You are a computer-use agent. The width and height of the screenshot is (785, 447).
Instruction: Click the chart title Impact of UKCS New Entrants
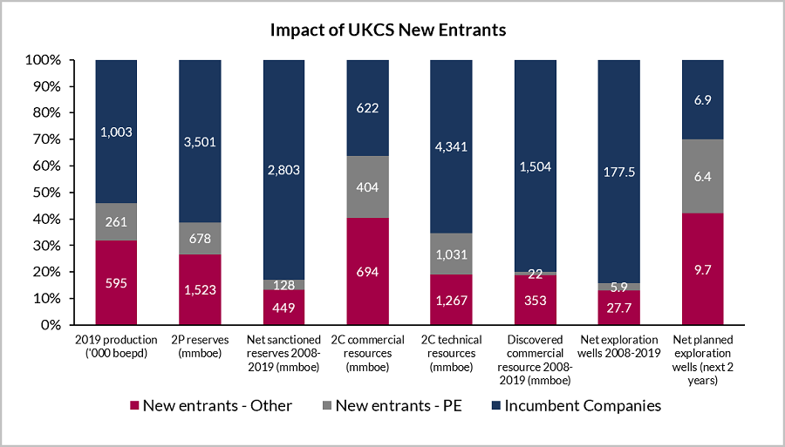click(388, 30)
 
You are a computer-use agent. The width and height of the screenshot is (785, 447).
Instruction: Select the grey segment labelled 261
click(116, 221)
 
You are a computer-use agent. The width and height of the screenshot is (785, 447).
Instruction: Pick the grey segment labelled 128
click(283, 284)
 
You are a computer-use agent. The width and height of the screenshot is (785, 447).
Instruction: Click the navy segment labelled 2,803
click(283, 169)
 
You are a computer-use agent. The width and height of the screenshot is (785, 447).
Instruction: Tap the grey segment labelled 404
click(367, 186)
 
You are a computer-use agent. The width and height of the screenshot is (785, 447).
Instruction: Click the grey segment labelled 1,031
click(451, 254)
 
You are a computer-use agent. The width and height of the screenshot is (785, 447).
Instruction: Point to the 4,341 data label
click(451, 146)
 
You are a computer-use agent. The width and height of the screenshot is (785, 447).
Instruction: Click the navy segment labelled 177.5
click(618, 171)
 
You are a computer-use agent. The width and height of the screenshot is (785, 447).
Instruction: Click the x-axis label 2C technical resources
click(451, 353)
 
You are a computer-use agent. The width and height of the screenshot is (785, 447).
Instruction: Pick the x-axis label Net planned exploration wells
click(702, 360)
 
